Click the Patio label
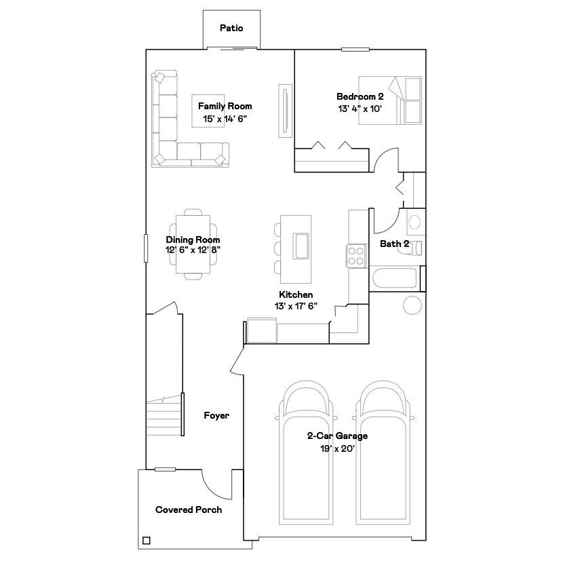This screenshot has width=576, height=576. [231, 28]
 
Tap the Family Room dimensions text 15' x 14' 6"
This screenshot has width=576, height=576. [225, 119]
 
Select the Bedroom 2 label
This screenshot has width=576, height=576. [360, 96]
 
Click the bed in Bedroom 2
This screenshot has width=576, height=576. [389, 100]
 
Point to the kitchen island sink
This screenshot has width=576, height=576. [301, 246]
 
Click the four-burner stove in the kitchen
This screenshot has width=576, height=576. [356, 256]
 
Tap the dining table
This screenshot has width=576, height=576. [193, 244]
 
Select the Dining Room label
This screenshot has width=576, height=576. [193, 240]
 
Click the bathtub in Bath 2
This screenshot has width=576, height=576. [395, 278]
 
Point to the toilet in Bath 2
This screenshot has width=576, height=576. [415, 247]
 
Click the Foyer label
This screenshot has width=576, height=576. [216, 415]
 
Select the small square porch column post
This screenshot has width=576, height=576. [146, 540]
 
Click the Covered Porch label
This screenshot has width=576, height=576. [189, 510]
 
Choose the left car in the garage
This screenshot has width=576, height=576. [306, 453]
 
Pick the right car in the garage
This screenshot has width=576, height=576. [383, 453]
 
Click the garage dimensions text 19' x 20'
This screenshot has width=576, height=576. [337, 448]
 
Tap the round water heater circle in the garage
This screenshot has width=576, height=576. [412, 305]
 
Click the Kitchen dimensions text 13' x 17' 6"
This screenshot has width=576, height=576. [296, 306]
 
